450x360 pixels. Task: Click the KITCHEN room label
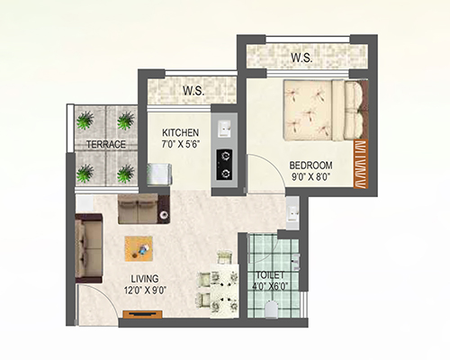coord(180,132)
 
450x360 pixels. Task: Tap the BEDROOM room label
coord(310,166)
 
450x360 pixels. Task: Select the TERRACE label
coord(106,144)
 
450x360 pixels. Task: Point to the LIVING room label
coord(145,279)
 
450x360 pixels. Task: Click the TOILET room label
coord(270,275)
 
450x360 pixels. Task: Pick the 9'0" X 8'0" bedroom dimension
coord(310,176)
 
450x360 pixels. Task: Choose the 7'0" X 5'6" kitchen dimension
coord(181,144)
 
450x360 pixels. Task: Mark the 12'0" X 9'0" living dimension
coord(145,290)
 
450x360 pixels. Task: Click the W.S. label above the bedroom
coord(301,58)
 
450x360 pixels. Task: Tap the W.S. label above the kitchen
coord(193,90)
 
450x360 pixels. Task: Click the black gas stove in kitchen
coord(225,165)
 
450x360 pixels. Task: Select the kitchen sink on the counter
coord(224,129)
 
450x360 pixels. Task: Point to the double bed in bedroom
coord(326,110)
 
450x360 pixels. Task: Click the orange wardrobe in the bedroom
coord(361,165)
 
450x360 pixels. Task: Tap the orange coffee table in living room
coord(139,248)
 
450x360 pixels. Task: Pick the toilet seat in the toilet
coord(272,310)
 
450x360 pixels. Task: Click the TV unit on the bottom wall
coord(143,314)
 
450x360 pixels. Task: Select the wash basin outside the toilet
coord(292,213)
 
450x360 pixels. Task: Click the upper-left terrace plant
coord(85,121)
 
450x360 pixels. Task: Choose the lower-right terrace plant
coord(126,174)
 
